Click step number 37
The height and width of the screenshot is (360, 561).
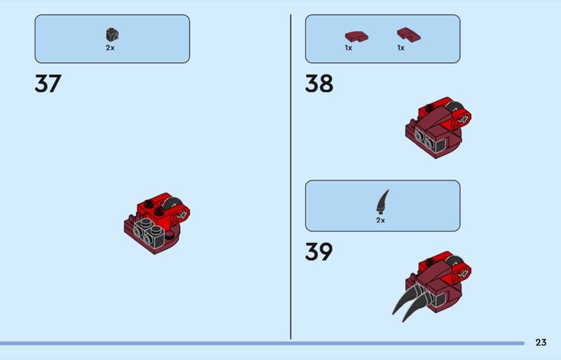tap(48, 84)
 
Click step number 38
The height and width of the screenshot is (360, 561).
tap(319, 84)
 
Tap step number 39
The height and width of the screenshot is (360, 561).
tap(319, 251)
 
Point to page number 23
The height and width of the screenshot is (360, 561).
tap(541, 342)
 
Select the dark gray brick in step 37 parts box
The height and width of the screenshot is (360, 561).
tap(112, 34)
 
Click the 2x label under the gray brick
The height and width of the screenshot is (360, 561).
tap(110, 48)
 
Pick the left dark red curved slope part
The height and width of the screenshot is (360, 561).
tap(356, 36)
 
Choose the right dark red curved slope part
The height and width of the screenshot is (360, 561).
tap(409, 35)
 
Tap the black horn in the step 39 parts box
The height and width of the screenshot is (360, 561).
tap(382, 202)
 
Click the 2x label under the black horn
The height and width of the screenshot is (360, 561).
tap(380, 220)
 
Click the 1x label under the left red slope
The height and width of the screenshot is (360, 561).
tap(349, 48)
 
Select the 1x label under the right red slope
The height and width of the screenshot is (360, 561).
tap(400, 48)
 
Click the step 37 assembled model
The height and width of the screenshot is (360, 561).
tap(156, 223)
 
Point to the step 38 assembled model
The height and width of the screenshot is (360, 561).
tap(438, 127)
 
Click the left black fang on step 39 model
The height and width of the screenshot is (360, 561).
tap(405, 298)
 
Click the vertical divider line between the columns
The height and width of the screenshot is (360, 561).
tap(290, 177)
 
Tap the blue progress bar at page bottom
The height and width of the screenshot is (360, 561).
tap(262, 343)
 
